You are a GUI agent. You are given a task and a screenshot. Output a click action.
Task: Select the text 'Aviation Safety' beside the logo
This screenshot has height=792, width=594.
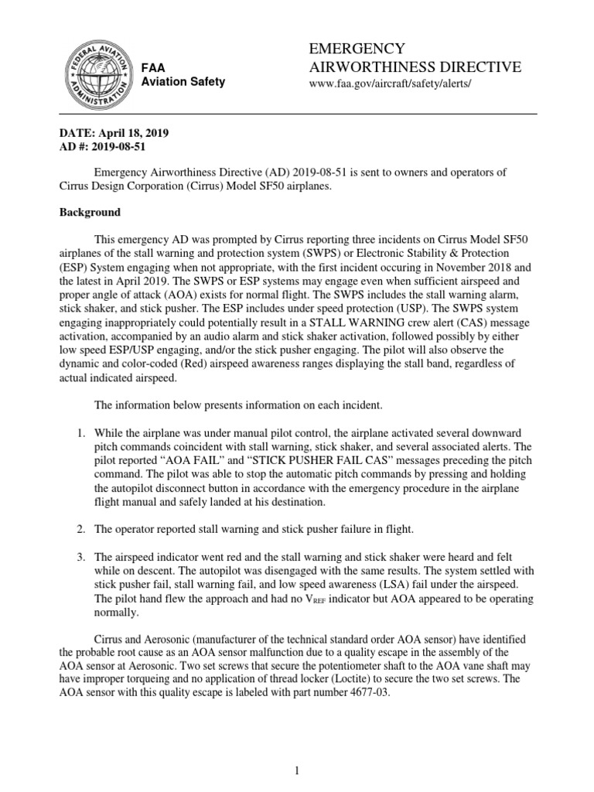point(183,81)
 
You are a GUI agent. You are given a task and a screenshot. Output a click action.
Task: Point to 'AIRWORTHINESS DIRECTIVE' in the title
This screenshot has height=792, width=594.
point(415,67)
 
